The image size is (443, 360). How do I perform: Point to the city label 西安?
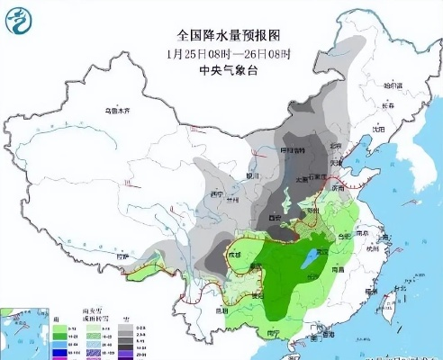tap(267, 219)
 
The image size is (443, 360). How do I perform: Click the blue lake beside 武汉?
tap(312, 258)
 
